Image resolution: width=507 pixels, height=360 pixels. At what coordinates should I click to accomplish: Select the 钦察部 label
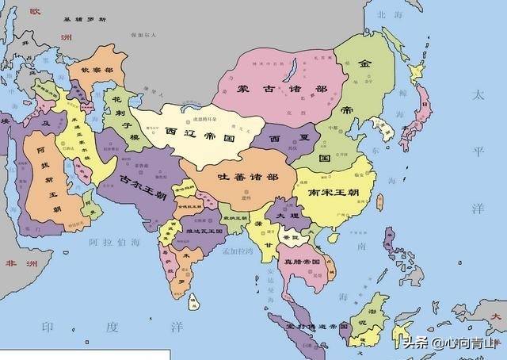97,70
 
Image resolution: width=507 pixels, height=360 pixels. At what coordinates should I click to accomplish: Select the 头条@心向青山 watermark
447,343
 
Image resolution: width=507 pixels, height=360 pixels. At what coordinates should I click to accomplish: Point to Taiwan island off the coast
379,201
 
